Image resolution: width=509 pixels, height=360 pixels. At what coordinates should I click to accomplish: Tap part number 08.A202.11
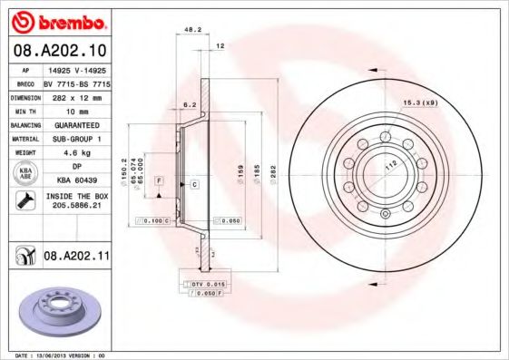(75, 258)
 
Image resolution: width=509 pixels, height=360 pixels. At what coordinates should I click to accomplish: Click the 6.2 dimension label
(189, 105)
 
